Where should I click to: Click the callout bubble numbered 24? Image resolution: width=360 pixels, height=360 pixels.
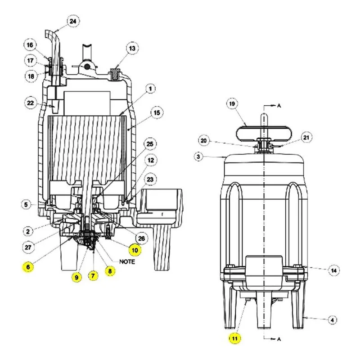[73, 21]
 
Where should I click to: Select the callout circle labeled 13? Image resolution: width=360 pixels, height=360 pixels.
[132, 49]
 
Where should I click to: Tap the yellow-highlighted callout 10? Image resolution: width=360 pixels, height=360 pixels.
[135, 250]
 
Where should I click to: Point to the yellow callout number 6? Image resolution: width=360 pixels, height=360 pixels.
[28, 267]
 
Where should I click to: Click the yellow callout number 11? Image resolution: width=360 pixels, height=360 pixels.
[234, 338]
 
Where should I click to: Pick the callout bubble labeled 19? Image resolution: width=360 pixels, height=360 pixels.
[232, 104]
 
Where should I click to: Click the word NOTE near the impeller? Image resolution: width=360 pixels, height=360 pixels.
[127, 262]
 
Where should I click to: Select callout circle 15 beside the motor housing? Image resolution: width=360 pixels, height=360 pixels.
[157, 113]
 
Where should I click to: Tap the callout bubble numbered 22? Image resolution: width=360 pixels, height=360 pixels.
[31, 103]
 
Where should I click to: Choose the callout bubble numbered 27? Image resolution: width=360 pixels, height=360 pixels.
[28, 247]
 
